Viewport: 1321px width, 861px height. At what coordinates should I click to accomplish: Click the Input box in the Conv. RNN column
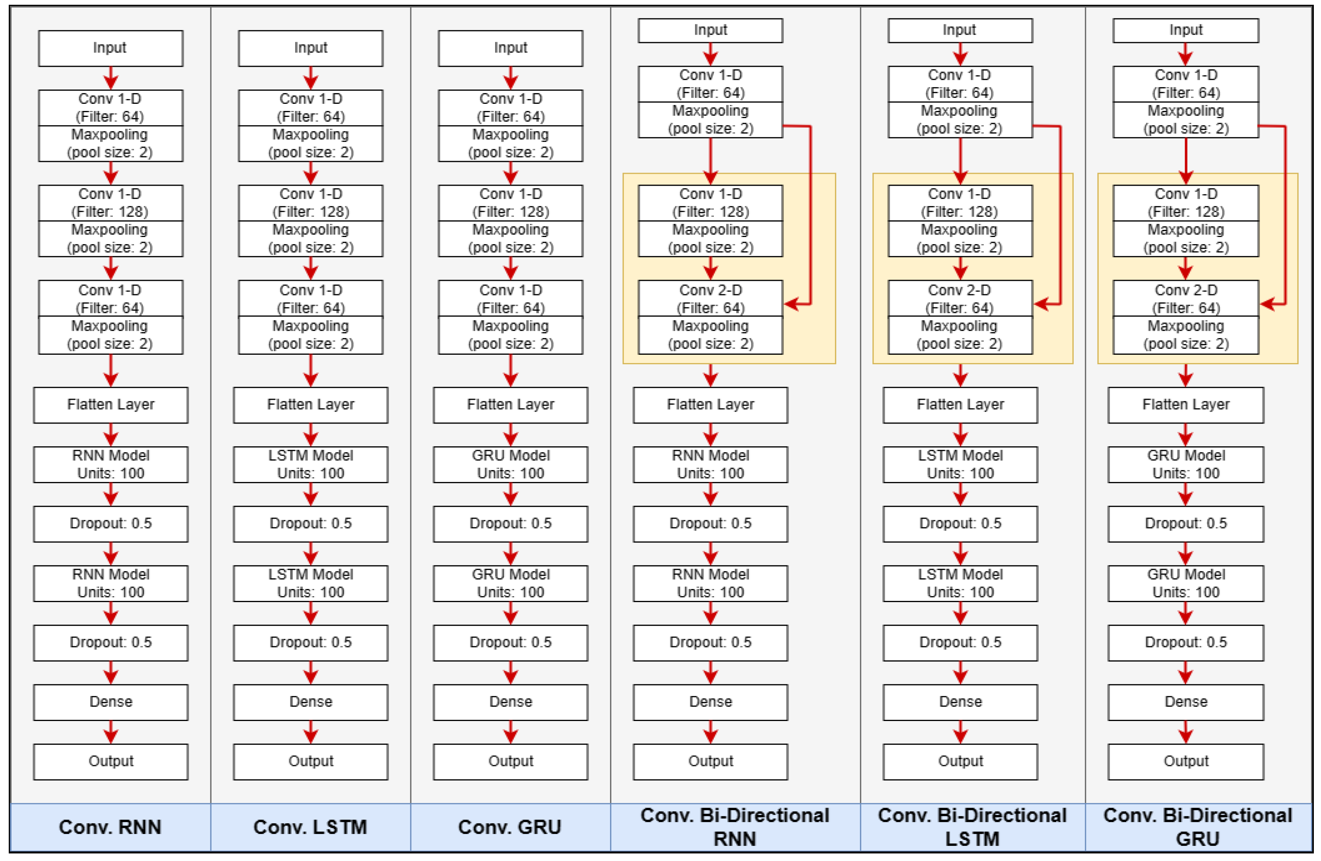coord(111,48)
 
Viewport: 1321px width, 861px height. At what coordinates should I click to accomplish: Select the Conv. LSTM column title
coord(310,827)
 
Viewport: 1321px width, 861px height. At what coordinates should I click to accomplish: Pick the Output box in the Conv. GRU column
coord(510,761)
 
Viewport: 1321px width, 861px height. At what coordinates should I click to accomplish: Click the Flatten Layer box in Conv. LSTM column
coord(310,405)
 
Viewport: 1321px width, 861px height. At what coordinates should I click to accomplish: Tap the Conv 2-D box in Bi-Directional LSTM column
coord(960,299)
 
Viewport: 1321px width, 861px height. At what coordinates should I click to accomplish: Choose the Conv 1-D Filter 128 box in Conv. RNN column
coord(111,203)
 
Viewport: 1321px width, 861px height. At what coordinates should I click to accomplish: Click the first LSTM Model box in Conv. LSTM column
coord(310,464)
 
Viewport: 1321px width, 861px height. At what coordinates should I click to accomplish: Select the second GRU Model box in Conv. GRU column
coord(510,583)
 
